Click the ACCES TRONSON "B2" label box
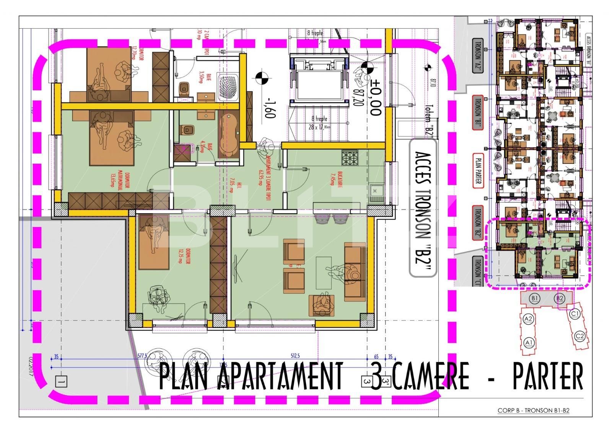click(x=422, y=208)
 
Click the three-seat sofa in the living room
click(x=355, y=271)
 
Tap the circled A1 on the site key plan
click(x=529, y=342)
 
